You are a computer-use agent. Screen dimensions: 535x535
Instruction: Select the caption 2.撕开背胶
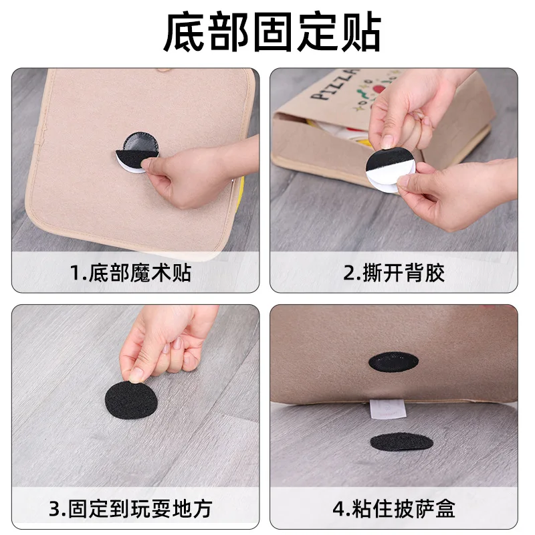coord(394,273)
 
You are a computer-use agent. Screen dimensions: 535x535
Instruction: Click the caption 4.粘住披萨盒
coord(394,509)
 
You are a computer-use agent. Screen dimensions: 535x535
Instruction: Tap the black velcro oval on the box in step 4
coord(393,362)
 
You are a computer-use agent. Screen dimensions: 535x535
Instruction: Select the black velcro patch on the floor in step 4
coord(401,442)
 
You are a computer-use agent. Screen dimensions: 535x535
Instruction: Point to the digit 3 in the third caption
coord(56,510)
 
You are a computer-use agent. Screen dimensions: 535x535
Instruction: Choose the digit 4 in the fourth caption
coord(338,510)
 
